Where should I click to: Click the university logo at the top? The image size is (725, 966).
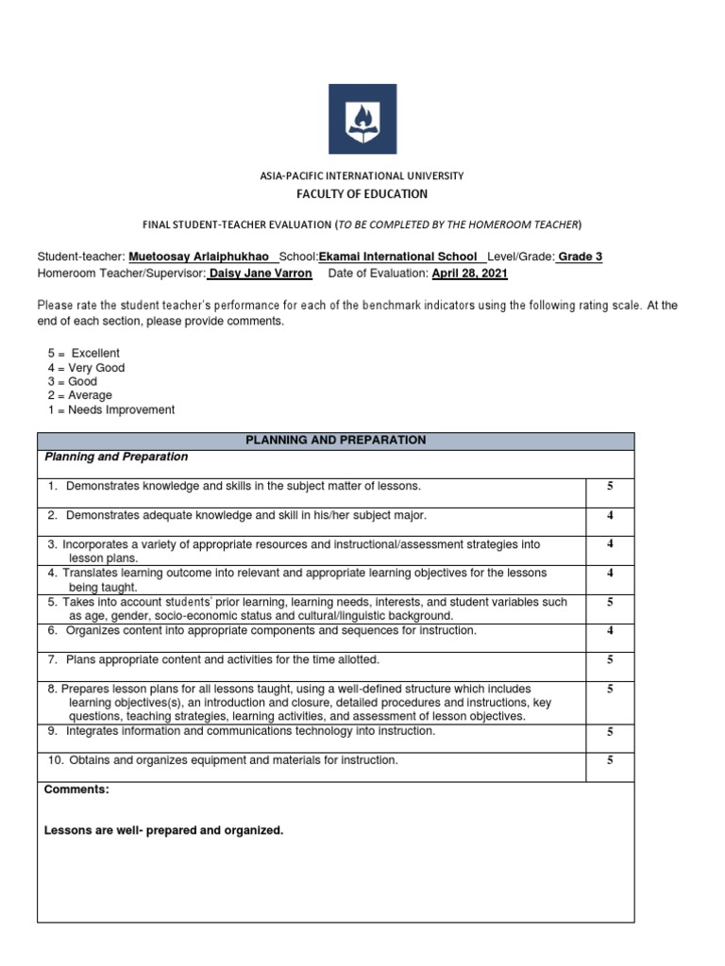click(x=362, y=119)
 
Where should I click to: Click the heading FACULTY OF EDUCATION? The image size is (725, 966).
click(x=362, y=194)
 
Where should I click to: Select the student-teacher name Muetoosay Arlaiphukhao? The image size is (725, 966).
click(x=204, y=258)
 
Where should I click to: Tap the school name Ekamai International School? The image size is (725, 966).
click(x=397, y=258)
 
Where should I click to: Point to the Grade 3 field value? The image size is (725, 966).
click(x=580, y=258)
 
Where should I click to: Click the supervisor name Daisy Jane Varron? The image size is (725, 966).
click(x=260, y=274)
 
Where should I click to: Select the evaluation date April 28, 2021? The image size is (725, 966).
click(x=469, y=274)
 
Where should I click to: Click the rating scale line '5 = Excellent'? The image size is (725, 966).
click(x=84, y=354)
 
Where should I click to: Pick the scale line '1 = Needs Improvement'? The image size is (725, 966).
click(x=111, y=410)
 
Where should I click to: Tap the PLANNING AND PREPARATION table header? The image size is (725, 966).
click(x=335, y=441)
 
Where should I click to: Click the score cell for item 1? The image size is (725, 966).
click(x=610, y=487)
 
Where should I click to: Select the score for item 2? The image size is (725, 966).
click(x=610, y=516)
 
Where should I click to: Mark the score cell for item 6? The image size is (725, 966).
click(x=610, y=631)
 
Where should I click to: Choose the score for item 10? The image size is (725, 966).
click(x=610, y=760)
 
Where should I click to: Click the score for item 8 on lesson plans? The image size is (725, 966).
click(x=610, y=690)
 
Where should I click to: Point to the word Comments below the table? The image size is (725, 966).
click(x=76, y=790)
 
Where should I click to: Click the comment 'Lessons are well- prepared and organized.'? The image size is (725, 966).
click(x=163, y=831)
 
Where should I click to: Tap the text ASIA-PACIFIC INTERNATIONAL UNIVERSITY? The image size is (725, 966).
click(x=362, y=176)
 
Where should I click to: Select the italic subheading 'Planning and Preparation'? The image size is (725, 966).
click(x=116, y=458)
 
